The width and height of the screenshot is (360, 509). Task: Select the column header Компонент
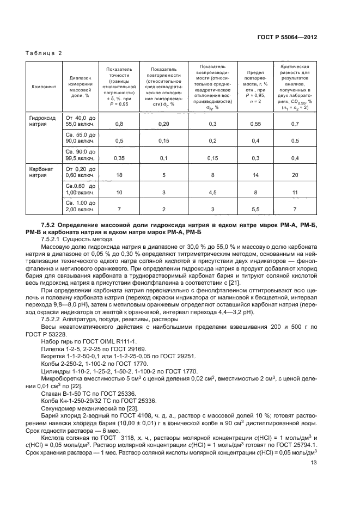(x=43, y=87)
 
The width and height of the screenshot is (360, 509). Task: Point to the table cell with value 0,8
(x=119, y=125)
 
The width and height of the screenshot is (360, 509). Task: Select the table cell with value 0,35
(x=119, y=158)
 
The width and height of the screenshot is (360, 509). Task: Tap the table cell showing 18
(x=119, y=176)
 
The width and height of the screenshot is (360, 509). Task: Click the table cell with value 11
(x=295, y=193)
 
